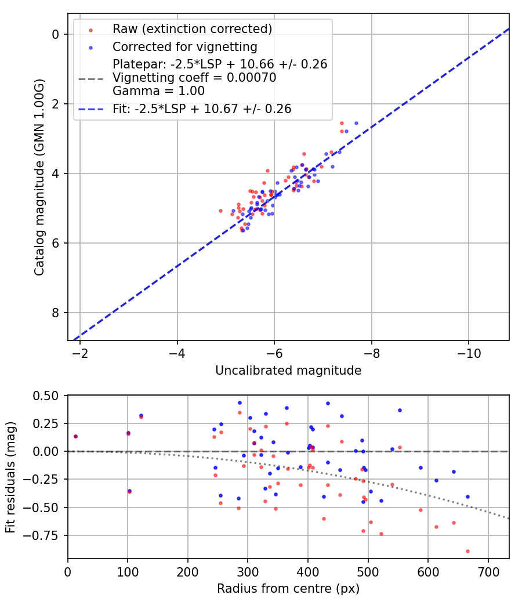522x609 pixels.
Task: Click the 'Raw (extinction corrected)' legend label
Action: point(193,29)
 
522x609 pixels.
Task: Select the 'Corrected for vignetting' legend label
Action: point(185,46)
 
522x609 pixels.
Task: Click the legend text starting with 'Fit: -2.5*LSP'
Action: point(202,108)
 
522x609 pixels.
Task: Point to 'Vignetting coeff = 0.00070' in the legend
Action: point(194,78)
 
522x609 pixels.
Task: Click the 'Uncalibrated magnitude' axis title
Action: point(288,371)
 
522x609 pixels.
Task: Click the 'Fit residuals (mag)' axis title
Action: point(10,477)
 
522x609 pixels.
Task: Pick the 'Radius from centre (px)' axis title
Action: point(288,589)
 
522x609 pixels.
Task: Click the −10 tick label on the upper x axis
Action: point(468,353)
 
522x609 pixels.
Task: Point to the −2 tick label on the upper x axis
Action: point(80,353)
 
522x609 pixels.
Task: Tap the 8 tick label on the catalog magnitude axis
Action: point(56,313)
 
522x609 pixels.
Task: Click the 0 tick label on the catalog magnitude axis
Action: point(56,35)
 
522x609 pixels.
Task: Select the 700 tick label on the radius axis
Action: point(488,572)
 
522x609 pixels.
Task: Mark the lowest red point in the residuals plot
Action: point(467,551)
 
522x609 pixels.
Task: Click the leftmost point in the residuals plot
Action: point(75,436)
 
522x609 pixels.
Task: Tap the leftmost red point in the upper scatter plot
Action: point(220,211)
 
